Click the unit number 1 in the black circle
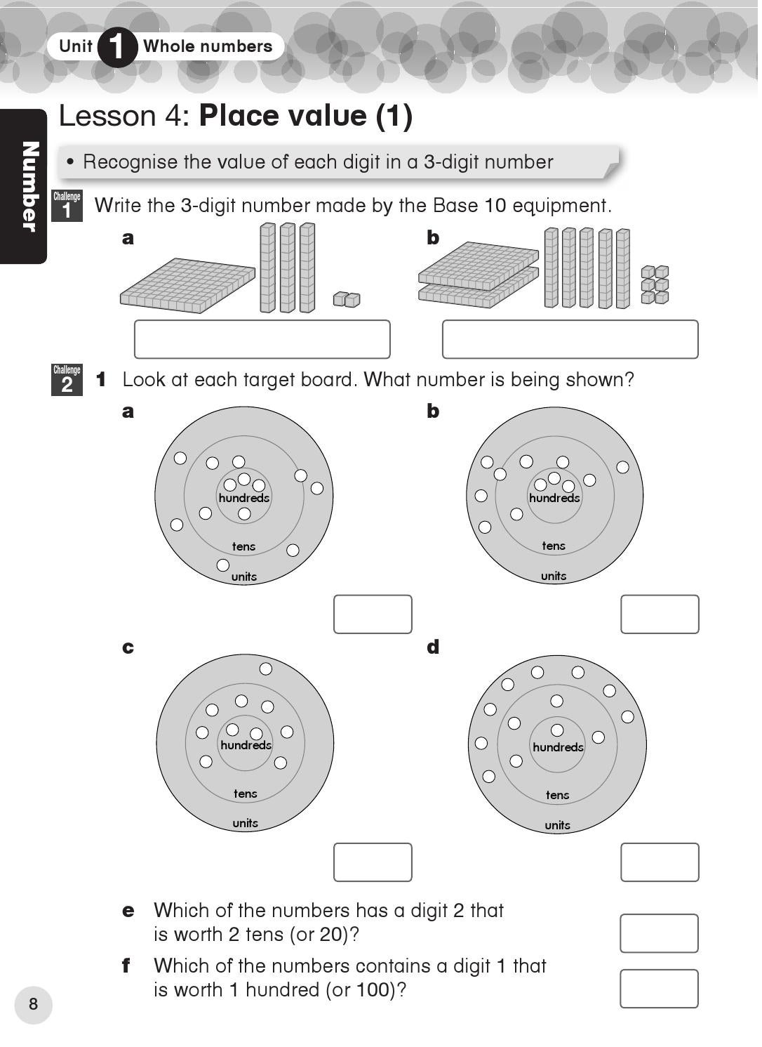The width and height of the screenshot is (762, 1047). pyautogui.click(x=117, y=47)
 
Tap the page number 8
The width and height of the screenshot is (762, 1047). pyautogui.click(x=33, y=1004)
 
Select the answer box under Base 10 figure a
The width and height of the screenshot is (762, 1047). pyautogui.click(x=262, y=339)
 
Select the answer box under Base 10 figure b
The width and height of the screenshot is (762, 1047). pyautogui.click(x=570, y=339)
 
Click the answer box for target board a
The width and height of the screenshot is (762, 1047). pyautogui.click(x=373, y=614)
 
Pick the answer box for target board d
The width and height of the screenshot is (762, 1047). pyautogui.click(x=660, y=862)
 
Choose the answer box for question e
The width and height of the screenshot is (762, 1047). pyautogui.click(x=659, y=933)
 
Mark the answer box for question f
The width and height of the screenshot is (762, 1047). pyautogui.click(x=659, y=989)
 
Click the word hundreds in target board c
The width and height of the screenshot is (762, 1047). pyautogui.click(x=246, y=745)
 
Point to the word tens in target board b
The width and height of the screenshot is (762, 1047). pyautogui.click(x=554, y=546)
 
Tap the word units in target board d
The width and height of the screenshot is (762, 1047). pyautogui.click(x=558, y=825)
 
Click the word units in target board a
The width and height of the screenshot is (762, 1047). pyautogui.click(x=244, y=577)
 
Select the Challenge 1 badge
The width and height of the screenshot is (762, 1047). pyautogui.click(x=67, y=206)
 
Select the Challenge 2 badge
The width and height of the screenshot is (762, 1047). pyautogui.click(x=67, y=379)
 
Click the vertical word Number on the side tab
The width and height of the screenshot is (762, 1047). pyautogui.click(x=29, y=186)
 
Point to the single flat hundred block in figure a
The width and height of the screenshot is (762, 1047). pyautogui.click(x=187, y=285)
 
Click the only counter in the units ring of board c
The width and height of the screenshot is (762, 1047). pyautogui.click(x=266, y=669)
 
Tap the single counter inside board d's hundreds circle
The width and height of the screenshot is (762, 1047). pyautogui.click(x=557, y=730)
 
